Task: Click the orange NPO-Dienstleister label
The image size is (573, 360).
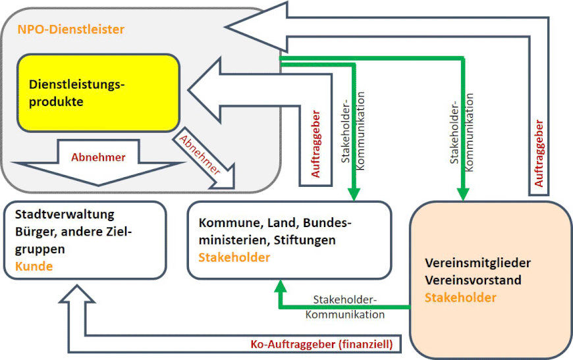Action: pos(71,30)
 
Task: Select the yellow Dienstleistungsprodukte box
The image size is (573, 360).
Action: pos(99,92)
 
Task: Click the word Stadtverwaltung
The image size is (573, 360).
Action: pos(65,215)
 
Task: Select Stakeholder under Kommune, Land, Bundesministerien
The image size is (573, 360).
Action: pos(234,257)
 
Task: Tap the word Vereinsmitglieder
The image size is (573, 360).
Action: pos(477,263)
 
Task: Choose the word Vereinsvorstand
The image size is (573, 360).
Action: pos(473,280)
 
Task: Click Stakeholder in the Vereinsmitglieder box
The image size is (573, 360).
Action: pos(460,298)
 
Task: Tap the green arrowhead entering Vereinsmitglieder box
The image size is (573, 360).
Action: pos(464,194)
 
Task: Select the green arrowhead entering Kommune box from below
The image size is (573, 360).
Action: pos(281,284)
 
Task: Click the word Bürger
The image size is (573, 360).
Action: pos(33,232)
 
